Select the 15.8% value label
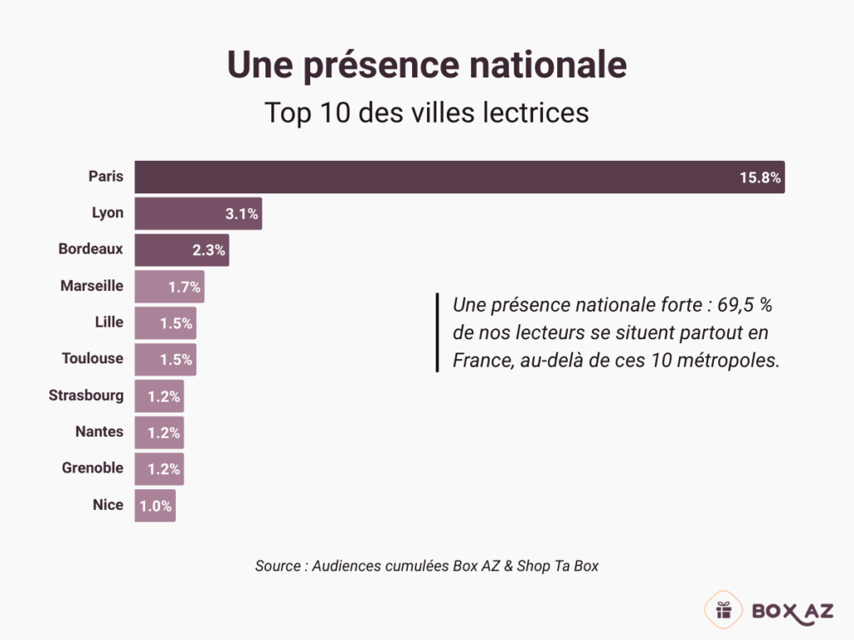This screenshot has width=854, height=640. [759, 177]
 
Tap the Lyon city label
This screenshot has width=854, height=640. [108, 212]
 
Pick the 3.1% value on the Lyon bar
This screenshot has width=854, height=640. [242, 214]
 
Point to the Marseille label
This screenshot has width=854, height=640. [92, 286]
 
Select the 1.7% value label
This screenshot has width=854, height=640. [184, 287]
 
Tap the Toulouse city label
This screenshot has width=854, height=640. [93, 358]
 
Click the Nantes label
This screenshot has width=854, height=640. [99, 432]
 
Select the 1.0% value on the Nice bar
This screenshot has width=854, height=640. [154, 506]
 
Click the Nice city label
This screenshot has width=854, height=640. [108, 504]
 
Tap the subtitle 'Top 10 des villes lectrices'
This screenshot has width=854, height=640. [426, 112]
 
